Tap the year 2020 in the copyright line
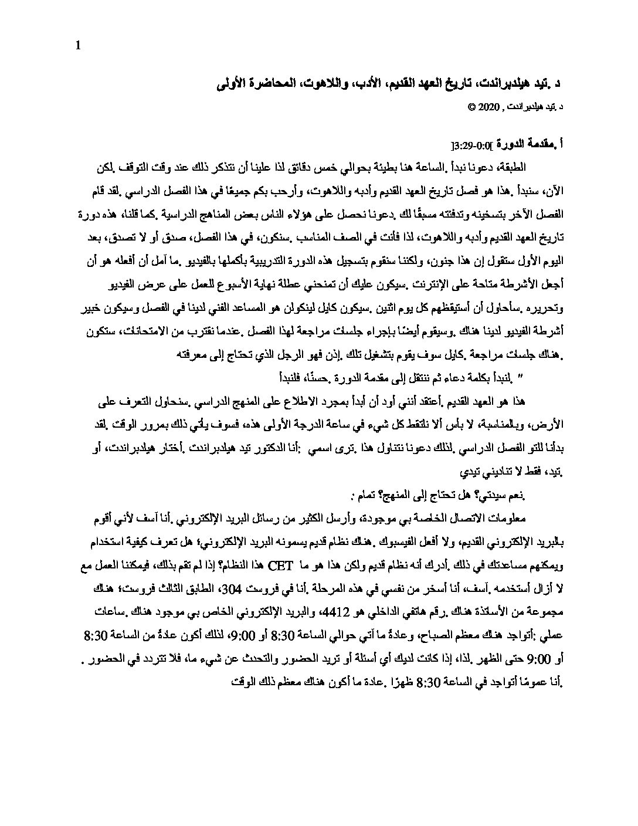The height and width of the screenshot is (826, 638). point(488,108)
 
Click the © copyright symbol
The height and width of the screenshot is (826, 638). point(469,108)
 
